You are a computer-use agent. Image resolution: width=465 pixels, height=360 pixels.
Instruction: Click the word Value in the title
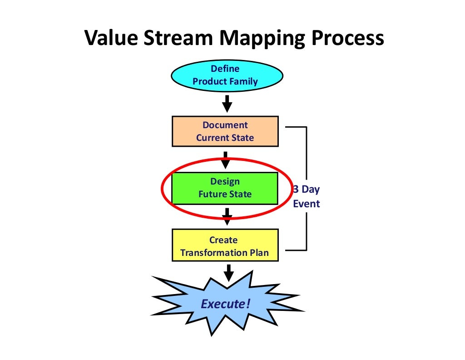[x=111, y=39]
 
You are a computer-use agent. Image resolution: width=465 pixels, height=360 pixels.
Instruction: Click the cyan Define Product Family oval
[x=227, y=75]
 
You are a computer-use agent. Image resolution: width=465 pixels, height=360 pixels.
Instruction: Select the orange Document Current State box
[x=225, y=131]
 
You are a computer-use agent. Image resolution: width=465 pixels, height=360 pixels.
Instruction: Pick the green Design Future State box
[x=225, y=188]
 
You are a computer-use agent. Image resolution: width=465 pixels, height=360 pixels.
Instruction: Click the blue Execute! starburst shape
[x=226, y=303]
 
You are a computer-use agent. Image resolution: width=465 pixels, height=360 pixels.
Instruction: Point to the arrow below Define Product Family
[x=227, y=103]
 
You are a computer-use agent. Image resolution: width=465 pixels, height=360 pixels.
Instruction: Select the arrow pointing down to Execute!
[x=229, y=273]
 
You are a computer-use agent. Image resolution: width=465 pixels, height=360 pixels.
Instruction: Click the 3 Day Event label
[x=306, y=196]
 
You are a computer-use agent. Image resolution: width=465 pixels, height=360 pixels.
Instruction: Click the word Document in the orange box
[x=225, y=125]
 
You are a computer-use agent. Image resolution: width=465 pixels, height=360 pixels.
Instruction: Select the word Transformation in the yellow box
[x=213, y=252]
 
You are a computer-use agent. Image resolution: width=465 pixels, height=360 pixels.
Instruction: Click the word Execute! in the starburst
[x=226, y=303]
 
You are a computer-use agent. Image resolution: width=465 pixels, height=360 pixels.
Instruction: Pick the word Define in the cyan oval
[x=225, y=69]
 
